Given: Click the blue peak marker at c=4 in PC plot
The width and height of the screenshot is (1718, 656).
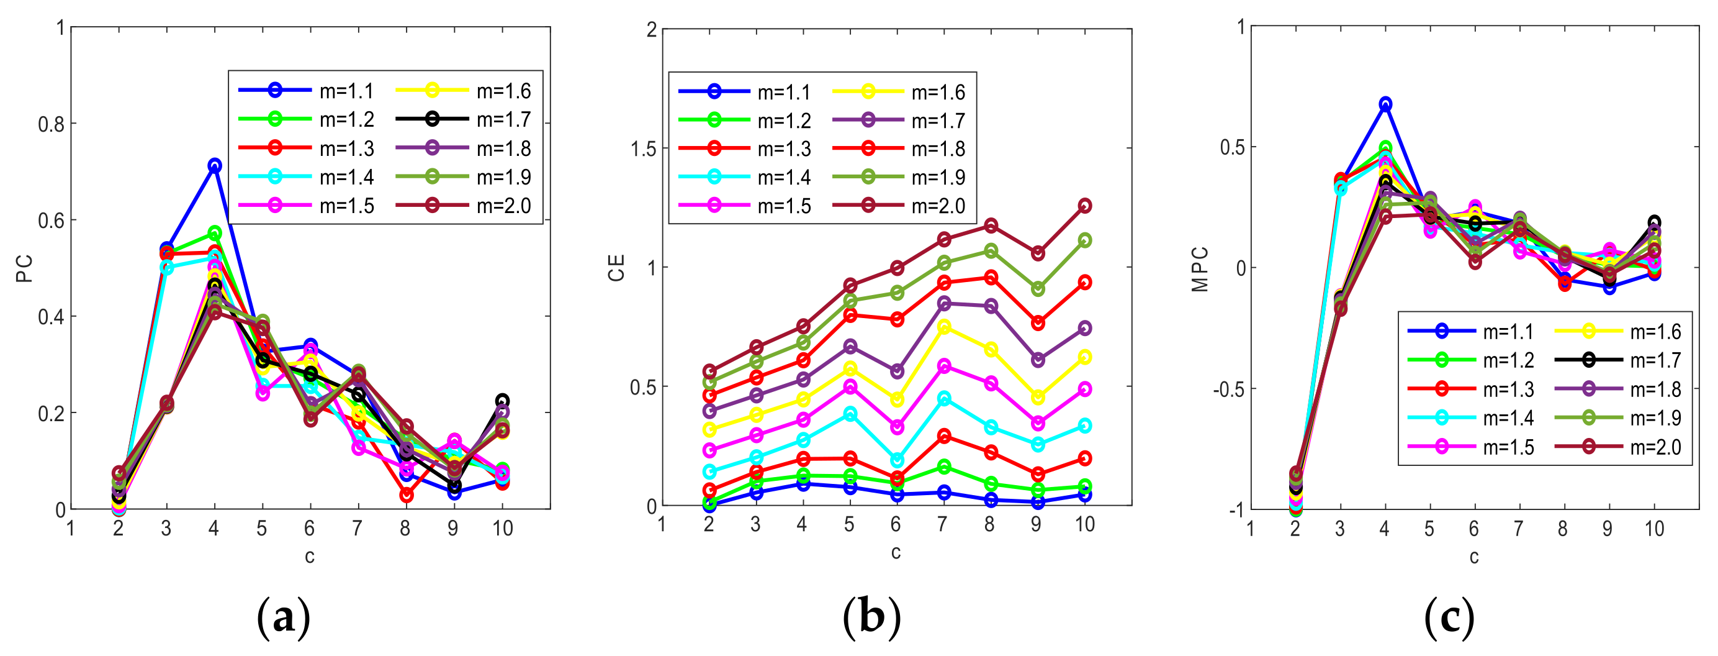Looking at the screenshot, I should [214, 165].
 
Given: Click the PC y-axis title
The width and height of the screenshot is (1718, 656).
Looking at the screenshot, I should [25, 269].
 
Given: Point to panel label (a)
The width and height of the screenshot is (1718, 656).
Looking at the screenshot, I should [284, 617].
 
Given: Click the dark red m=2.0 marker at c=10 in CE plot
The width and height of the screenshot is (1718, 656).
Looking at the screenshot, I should [1084, 206].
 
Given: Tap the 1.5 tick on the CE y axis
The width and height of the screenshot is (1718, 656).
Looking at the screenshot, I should [644, 148].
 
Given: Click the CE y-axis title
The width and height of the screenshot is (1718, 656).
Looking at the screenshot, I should [616, 268].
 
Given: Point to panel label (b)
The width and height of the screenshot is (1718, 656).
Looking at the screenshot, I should [871, 617].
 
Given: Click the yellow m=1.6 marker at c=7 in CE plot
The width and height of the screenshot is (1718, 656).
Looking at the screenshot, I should [943, 327].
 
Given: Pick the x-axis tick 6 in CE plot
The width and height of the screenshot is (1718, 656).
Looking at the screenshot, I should [896, 524].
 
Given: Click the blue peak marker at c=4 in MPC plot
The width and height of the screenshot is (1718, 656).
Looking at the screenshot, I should [1385, 104].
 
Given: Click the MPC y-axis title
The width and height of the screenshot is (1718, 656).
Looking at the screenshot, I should [1200, 269].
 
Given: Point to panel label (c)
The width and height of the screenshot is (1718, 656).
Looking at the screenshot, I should [1449, 617].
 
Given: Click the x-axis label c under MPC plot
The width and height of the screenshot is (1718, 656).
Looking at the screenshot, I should [1474, 557].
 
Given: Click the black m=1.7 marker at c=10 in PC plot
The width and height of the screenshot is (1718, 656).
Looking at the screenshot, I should [502, 401].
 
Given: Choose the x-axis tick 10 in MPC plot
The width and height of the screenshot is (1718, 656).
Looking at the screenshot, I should [1654, 529].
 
